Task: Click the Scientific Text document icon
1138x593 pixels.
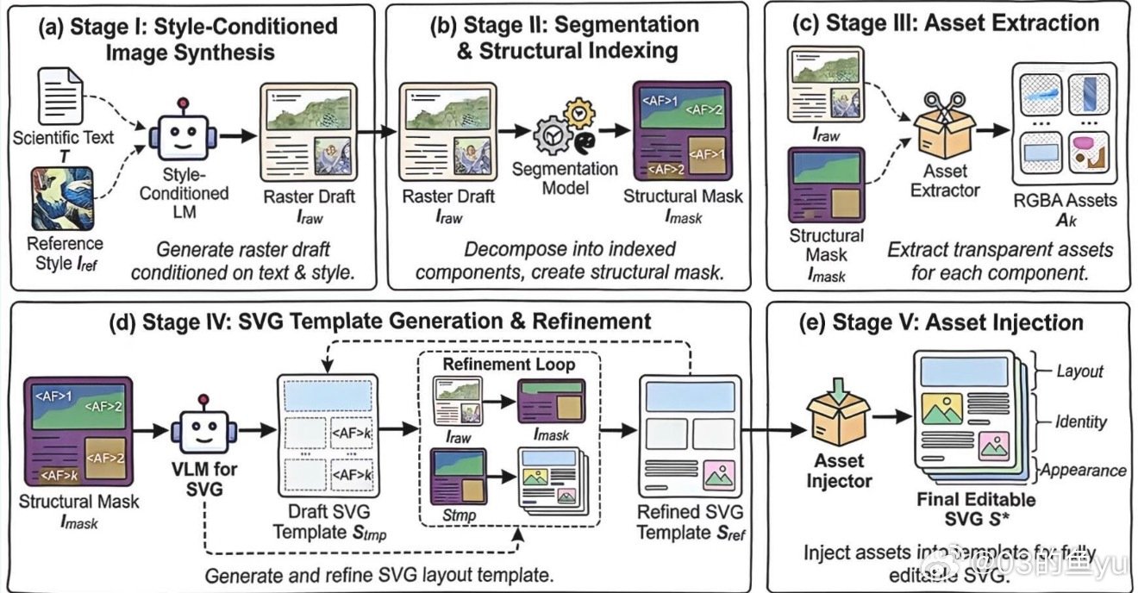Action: pos(60,97)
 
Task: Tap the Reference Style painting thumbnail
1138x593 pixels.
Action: pos(62,199)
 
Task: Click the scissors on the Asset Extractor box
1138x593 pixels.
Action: pos(944,106)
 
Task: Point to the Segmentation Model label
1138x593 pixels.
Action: pos(565,178)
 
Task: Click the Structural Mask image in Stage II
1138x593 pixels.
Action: pos(682,131)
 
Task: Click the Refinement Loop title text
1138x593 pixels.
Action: pos(509,364)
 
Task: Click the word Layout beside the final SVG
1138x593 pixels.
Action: pos(1079,371)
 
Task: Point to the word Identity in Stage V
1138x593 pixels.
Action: pos(1080,421)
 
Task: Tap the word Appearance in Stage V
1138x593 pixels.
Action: pos(1083,471)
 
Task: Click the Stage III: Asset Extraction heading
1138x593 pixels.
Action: pos(946,23)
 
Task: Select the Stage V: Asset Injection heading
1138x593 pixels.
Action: pos(941,322)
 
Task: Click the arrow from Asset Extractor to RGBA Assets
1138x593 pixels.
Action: pos(992,130)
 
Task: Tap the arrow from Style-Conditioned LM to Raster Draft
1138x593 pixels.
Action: pos(238,135)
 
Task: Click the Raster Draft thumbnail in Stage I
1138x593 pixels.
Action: pos(309,133)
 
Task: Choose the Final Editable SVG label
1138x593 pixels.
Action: pos(976,509)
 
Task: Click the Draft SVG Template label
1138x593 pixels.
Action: pos(329,522)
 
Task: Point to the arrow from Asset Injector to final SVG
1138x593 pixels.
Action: pos(892,416)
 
